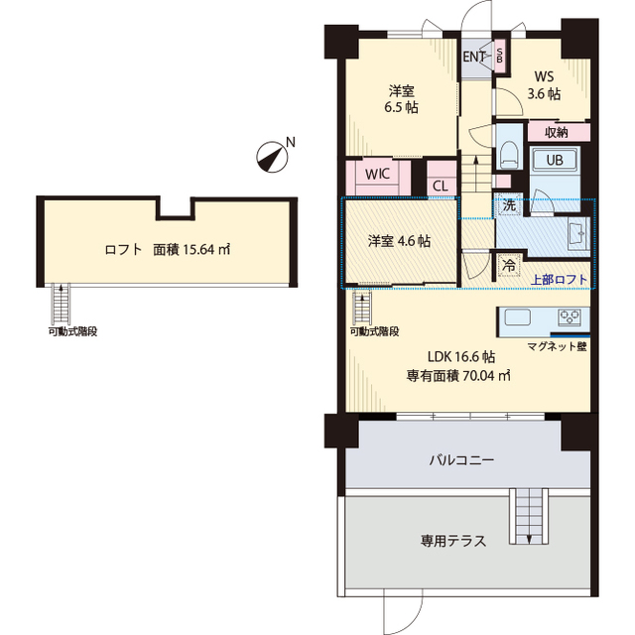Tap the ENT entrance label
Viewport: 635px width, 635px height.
point(474,57)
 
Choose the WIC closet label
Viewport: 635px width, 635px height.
point(376,173)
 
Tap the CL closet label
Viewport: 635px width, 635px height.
point(440,185)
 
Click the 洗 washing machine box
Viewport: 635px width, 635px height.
point(508,206)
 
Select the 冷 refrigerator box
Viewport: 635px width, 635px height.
point(508,266)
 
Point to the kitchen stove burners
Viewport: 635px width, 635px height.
point(571,317)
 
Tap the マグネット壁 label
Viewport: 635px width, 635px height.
point(557,346)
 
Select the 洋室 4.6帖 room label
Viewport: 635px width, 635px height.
point(399,241)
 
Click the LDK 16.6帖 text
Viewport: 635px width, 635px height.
point(461,356)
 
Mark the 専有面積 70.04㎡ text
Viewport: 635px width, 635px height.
point(458,375)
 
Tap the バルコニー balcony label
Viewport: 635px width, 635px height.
point(461,461)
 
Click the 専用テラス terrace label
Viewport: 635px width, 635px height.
point(452,542)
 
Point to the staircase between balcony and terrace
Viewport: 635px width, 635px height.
point(528,516)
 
